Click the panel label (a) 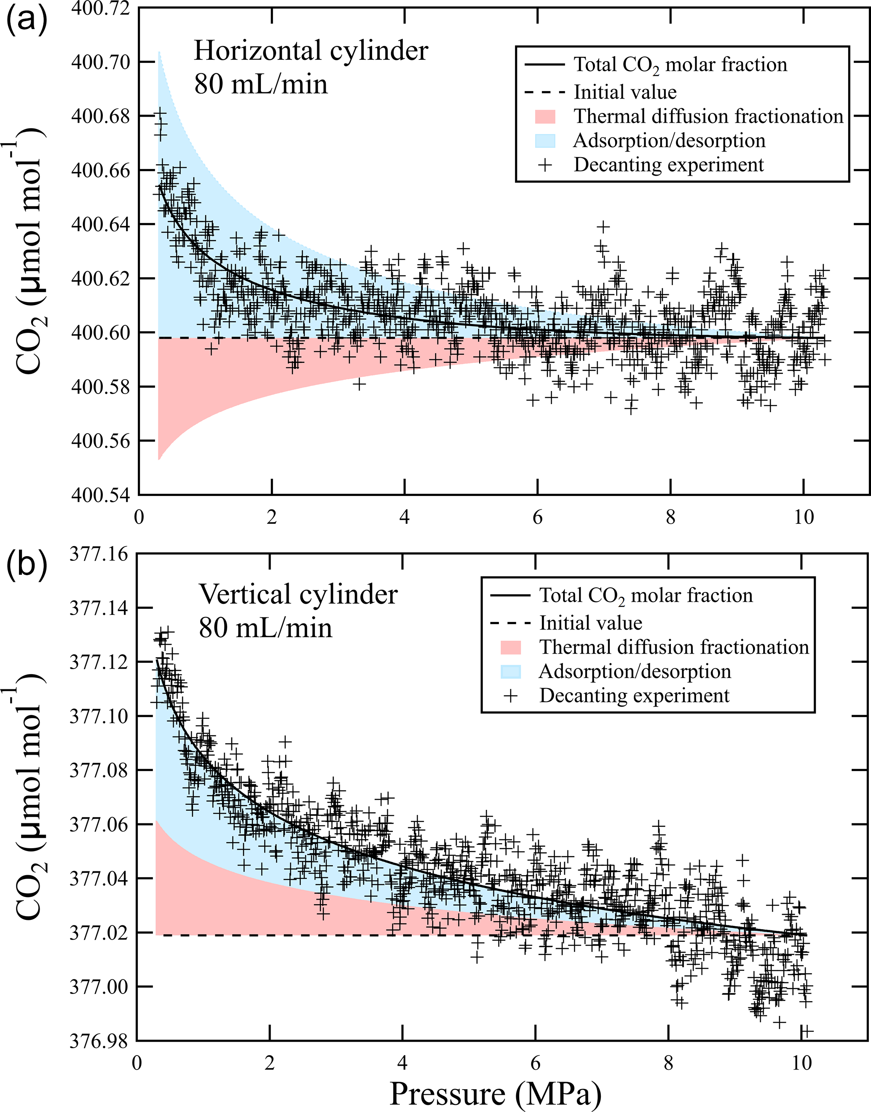[27, 22]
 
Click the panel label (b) [27, 566]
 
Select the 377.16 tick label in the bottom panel [99, 554]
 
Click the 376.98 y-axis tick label [99, 1041]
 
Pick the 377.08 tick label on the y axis [99, 770]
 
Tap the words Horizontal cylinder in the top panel [311, 51]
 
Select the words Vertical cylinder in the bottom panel [298, 595]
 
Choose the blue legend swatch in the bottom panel [510, 672]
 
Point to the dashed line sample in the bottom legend [510, 623]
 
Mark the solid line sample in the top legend [544, 65]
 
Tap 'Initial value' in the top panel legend [625, 92]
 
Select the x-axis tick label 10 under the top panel [804, 517]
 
